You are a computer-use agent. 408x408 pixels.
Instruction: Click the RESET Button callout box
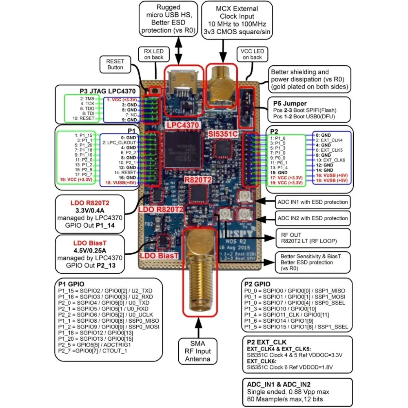115,64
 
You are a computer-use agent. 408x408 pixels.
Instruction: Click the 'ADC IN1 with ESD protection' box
313,202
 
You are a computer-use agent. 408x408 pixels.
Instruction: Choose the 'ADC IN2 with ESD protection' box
313,218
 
